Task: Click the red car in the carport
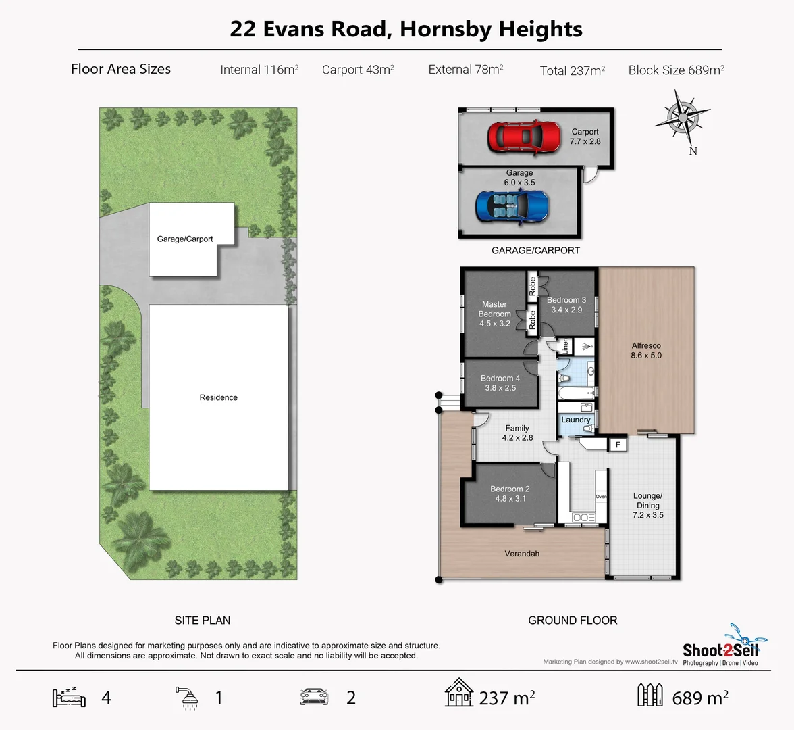point(524,137)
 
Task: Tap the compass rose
point(683,118)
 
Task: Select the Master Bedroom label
point(495,314)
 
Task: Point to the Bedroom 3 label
point(566,305)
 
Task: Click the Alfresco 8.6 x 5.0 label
point(646,350)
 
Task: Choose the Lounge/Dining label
point(647,505)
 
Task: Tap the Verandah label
point(522,554)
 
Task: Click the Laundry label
point(576,420)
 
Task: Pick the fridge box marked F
point(617,445)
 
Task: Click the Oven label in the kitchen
point(601,497)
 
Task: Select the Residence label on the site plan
point(218,397)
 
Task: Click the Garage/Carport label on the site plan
point(184,239)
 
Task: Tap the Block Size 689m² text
point(676,70)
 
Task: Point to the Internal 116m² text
point(259,70)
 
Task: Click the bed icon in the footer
point(69,697)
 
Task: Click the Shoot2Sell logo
point(720,650)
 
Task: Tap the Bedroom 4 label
point(500,383)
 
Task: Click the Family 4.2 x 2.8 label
point(517,433)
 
